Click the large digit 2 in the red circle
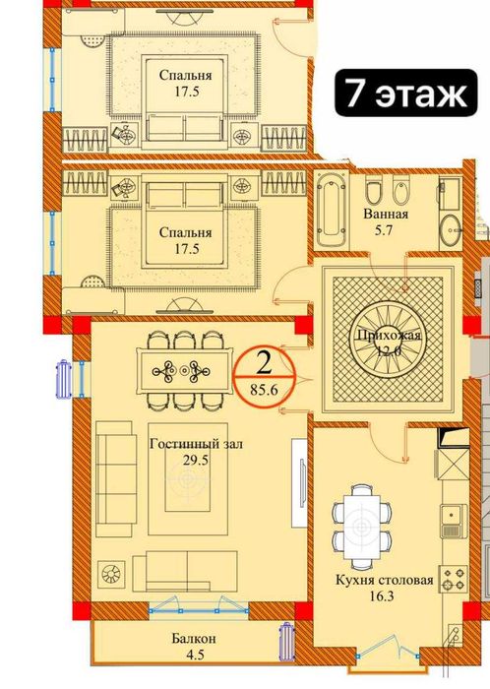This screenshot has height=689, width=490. click(x=263, y=363)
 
